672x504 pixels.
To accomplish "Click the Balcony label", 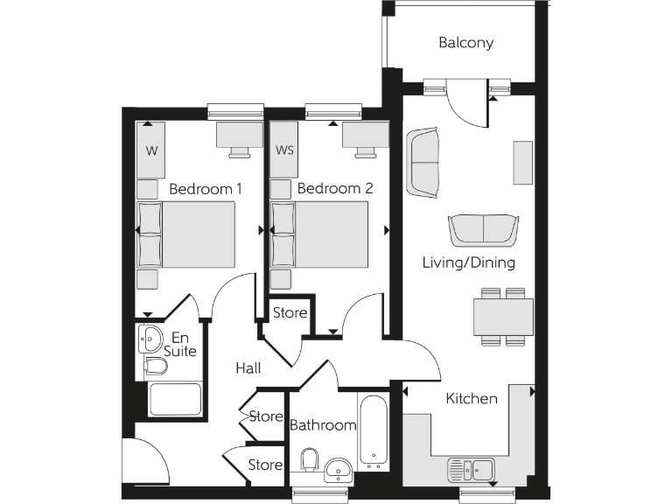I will click(465, 42).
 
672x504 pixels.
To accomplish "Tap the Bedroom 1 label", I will click(206, 188).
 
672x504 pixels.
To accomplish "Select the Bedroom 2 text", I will click(335, 188).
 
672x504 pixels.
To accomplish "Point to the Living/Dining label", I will click(468, 262).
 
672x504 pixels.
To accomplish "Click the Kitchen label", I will click(472, 398).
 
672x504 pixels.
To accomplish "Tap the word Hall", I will click(248, 368).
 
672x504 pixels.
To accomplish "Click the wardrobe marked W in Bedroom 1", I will click(152, 150).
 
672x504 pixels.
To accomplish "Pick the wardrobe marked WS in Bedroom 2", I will click(284, 150).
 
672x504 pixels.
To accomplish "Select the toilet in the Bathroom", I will click(308, 460).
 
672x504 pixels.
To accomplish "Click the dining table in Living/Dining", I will click(502, 316).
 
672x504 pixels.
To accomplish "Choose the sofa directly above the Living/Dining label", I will click(483, 230).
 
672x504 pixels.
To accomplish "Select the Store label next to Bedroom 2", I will click(290, 312).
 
